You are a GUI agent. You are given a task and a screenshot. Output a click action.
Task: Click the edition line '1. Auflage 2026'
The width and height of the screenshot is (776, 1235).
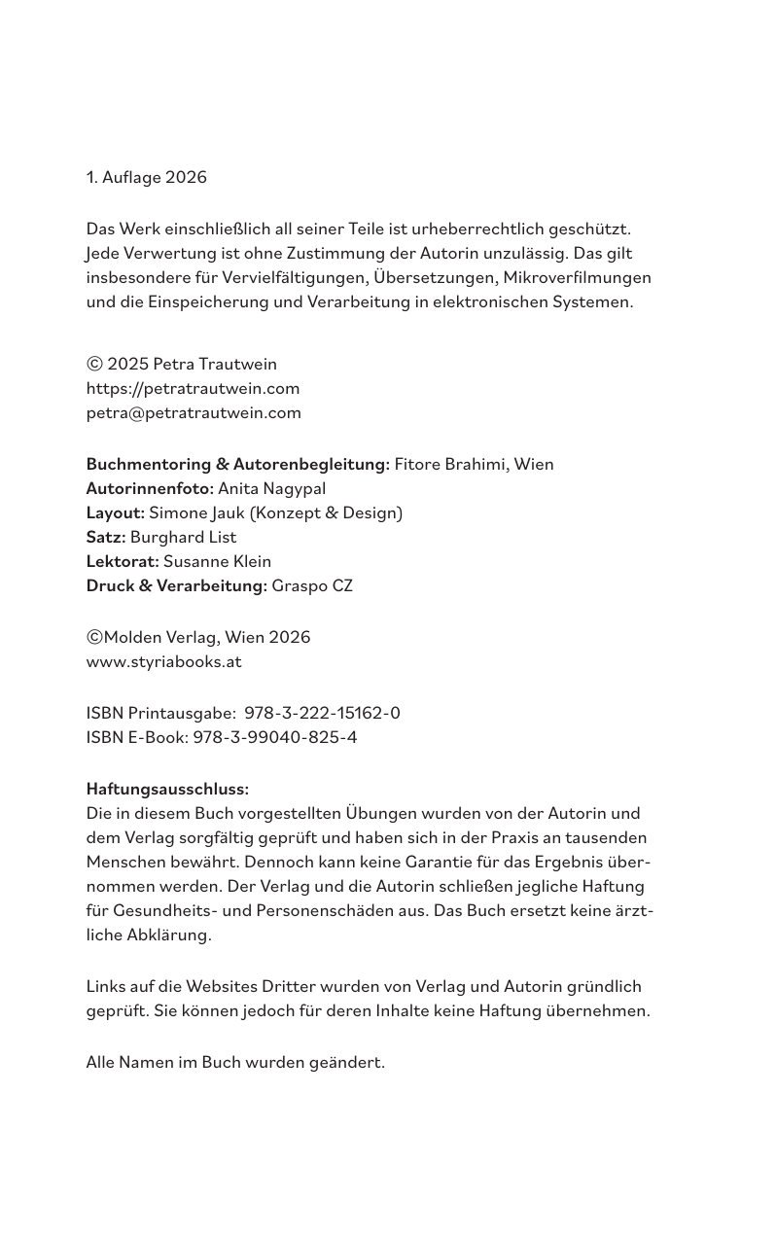(146, 177)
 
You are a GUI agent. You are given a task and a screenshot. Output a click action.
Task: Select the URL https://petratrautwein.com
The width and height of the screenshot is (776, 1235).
(193, 388)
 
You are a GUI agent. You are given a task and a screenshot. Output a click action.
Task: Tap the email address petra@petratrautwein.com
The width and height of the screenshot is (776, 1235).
(194, 412)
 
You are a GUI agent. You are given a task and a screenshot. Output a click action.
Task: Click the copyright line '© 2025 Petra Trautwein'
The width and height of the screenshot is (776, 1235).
(182, 364)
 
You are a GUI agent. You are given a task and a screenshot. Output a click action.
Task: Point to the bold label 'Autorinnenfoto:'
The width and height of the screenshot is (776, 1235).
(150, 488)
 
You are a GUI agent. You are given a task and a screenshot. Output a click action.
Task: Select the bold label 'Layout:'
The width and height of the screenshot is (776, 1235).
(116, 512)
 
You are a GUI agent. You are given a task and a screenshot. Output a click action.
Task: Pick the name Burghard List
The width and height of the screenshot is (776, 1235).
(183, 537)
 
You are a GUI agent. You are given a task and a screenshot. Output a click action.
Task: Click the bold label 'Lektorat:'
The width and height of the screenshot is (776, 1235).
(123, 561)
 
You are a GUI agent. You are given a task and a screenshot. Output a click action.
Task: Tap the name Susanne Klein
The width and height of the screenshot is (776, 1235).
(217, 561)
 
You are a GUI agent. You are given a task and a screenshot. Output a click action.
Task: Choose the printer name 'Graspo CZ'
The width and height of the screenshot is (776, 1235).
(312, 585)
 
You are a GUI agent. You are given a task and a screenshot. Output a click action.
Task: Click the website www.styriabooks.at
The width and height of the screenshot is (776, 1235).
(163, 661)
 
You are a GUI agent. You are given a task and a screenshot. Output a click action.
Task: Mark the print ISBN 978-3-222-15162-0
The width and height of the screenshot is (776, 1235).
(322, 713)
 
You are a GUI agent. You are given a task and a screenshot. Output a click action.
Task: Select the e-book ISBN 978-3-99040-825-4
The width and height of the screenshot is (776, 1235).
(274, 737)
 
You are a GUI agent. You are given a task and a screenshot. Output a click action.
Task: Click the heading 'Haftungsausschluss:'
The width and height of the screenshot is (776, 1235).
(167, 789)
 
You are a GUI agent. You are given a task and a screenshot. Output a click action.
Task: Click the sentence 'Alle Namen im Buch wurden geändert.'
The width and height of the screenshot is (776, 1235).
(235, 1062)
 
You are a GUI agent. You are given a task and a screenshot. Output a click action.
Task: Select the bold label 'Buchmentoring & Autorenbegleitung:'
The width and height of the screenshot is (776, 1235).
(237, 464)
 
